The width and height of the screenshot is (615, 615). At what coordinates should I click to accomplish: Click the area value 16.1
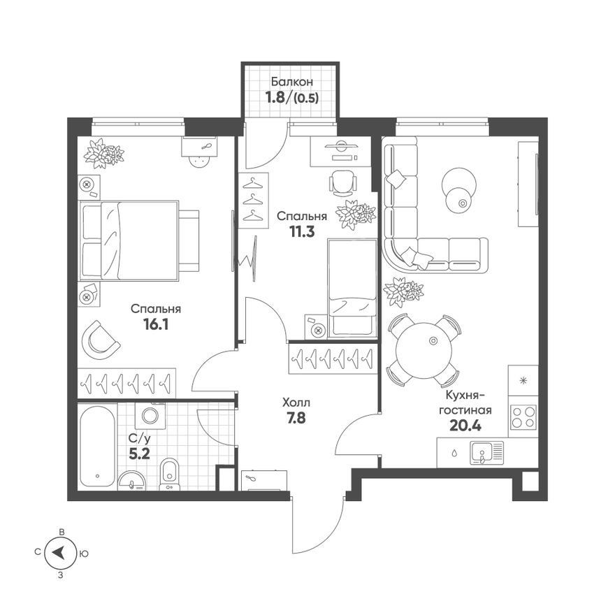156,324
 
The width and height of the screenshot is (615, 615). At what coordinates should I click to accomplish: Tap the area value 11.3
302,232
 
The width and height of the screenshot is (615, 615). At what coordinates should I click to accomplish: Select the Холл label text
296,403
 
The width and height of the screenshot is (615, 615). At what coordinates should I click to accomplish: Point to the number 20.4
465,425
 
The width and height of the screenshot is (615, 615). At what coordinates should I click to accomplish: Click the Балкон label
292,82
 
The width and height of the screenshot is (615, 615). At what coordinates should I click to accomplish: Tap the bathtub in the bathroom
98,446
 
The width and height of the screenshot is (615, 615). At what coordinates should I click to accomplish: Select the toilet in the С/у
169,474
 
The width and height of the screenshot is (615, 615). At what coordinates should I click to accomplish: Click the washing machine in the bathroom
150,415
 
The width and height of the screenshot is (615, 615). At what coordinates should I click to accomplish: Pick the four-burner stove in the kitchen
523,417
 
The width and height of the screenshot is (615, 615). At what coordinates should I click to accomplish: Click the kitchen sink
487,453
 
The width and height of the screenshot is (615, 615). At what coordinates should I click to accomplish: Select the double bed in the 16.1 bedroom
139,241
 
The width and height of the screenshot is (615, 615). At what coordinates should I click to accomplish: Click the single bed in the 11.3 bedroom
352,288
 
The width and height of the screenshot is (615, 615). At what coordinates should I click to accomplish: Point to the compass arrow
59,553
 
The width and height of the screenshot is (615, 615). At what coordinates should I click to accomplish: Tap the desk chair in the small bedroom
342,183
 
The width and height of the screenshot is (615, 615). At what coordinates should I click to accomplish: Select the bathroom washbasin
131,481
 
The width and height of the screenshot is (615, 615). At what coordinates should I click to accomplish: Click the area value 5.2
139,454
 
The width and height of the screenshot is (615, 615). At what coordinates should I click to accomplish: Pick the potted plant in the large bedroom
103,153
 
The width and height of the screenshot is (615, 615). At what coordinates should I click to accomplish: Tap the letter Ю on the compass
84,553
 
